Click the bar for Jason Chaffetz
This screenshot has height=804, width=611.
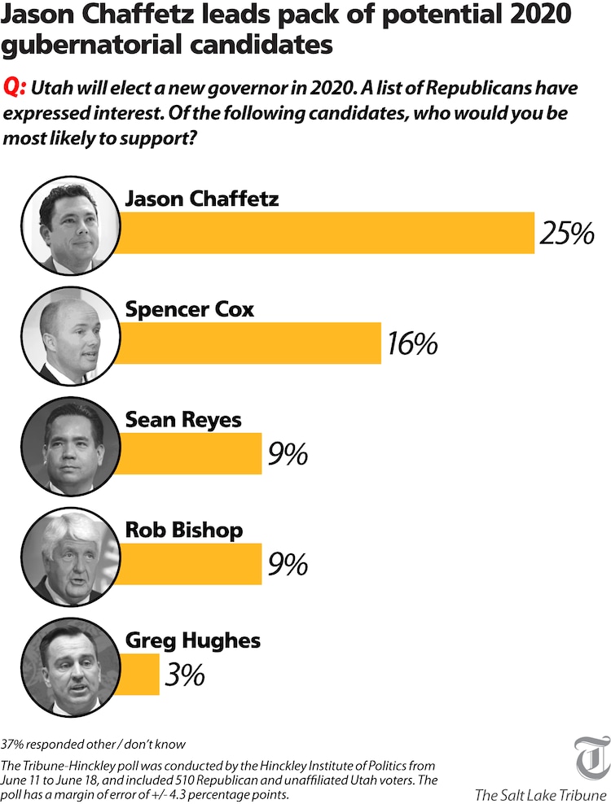tap(326, 233)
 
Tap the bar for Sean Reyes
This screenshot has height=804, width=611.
tap(192, 453)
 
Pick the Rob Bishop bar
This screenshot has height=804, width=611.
tap(192, 563)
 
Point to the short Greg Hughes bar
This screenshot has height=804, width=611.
tap(141, 674)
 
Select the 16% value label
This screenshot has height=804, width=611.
tap(412, 344)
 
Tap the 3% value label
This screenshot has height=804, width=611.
tap(183, 675)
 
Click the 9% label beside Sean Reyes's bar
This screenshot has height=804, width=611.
tap(288, 454)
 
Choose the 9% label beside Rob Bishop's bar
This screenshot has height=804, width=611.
tap(288, 564)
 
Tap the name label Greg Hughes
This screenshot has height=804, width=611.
tap(192, 640)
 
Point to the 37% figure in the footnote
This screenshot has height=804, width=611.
tap(14, 744)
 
